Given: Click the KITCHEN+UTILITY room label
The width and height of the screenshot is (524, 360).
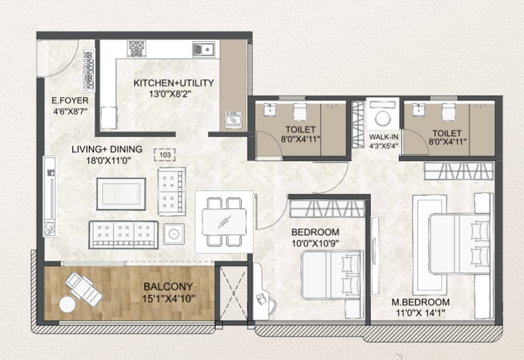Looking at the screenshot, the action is (x=173, y=83).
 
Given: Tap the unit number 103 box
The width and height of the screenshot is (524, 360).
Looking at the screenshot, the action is (x=165, y=155).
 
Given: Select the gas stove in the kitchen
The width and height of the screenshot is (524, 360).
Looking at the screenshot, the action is (x=137, y=48).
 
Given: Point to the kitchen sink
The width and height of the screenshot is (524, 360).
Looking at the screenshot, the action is (x=203, y=50).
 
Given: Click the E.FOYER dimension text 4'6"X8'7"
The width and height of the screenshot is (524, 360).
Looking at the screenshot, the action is (x=70, y=111).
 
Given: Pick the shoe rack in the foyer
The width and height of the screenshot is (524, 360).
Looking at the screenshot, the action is (x=88, y=70).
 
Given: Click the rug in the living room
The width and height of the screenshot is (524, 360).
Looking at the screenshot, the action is (x=121, y=194).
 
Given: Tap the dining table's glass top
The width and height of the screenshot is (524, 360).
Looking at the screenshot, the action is (x=224, y=222).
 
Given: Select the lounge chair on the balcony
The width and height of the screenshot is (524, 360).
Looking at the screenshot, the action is (x=84, y=288).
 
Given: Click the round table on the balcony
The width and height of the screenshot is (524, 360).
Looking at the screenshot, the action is (x=67, y=305).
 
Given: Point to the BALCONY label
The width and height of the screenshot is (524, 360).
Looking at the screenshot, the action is (x=168, y=286).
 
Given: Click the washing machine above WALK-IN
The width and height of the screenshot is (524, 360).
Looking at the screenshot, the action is (x=382, y=114).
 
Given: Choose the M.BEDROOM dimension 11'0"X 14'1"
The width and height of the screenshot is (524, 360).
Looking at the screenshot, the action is (x=420, y=313).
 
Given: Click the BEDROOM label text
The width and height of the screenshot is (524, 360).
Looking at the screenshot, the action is (x=315, y=232).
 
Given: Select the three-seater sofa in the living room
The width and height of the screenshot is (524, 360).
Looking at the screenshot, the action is (x=123, y=235).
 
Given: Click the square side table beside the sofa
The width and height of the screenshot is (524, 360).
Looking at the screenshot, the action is (x=174, y=234).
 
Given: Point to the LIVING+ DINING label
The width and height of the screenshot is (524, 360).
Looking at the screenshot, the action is (x=107, y=149).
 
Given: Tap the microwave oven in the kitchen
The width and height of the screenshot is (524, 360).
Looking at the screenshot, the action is (x=233, y=120).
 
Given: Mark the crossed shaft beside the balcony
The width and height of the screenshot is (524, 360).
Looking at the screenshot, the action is (x=234, y=293).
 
